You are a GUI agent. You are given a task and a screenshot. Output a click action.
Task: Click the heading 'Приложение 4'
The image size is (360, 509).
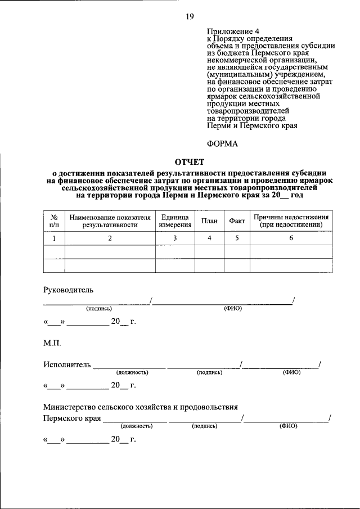tap(229, 31)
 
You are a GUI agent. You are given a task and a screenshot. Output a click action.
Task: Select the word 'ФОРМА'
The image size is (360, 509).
tap(223, 144)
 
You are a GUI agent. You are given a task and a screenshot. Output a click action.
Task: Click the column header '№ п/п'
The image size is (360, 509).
tap(55, 220)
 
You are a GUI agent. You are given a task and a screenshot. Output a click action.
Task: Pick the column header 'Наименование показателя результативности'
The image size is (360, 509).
tap(110, 220)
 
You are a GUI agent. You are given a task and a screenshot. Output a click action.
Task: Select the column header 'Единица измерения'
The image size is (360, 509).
tap(175, 220)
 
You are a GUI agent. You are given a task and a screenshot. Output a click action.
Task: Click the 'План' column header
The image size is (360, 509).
tap(209, 221)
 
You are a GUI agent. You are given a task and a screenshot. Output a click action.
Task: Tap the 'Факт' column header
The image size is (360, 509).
tap(237, 221)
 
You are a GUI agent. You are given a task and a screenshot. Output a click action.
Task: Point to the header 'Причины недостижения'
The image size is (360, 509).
tap(291, 217)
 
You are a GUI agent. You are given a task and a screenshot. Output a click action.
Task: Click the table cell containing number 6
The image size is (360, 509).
tap(291, 238)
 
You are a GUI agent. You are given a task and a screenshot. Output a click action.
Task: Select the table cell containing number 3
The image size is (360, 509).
tap(175, 238)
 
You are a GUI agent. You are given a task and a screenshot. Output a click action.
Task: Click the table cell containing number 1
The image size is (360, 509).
tap(55, 238)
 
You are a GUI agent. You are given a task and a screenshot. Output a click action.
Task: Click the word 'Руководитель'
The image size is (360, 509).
tap(69, 290)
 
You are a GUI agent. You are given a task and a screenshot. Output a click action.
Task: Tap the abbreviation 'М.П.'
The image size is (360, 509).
tap(52, 343)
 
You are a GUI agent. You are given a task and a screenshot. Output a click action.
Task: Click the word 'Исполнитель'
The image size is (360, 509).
tap(67, 364)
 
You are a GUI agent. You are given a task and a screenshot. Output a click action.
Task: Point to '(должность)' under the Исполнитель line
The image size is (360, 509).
tap(132, 372)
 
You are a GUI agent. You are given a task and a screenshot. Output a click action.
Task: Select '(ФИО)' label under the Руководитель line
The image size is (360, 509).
tap(232, 308)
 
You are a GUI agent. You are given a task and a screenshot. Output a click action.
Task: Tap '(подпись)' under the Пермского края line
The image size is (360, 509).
tap(204, 426)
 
